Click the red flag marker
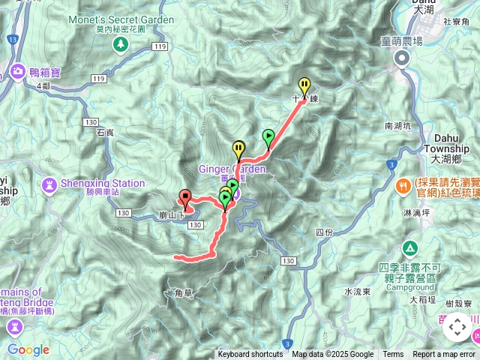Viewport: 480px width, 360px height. (x=185, y=196)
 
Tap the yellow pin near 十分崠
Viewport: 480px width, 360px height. (x=304, y=85)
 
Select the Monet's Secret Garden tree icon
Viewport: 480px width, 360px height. (x=120, y=46)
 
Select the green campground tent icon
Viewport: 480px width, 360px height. (x=410, y=247)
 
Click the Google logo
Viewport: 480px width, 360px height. (x=28, y=349)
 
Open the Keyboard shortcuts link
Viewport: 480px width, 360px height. (x=250, y=355)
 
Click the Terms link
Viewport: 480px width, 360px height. (x=393, y=355)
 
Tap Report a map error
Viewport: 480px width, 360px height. (x=444, y=355)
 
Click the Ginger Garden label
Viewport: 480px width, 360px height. (x=232, y=169)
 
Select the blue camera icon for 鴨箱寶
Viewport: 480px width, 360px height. (x=16, y=70)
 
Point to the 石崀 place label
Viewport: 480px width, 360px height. (x=105, y=132)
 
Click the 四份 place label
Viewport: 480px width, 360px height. (x=324, y=232)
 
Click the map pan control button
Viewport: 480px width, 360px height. (x=457, y=328)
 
